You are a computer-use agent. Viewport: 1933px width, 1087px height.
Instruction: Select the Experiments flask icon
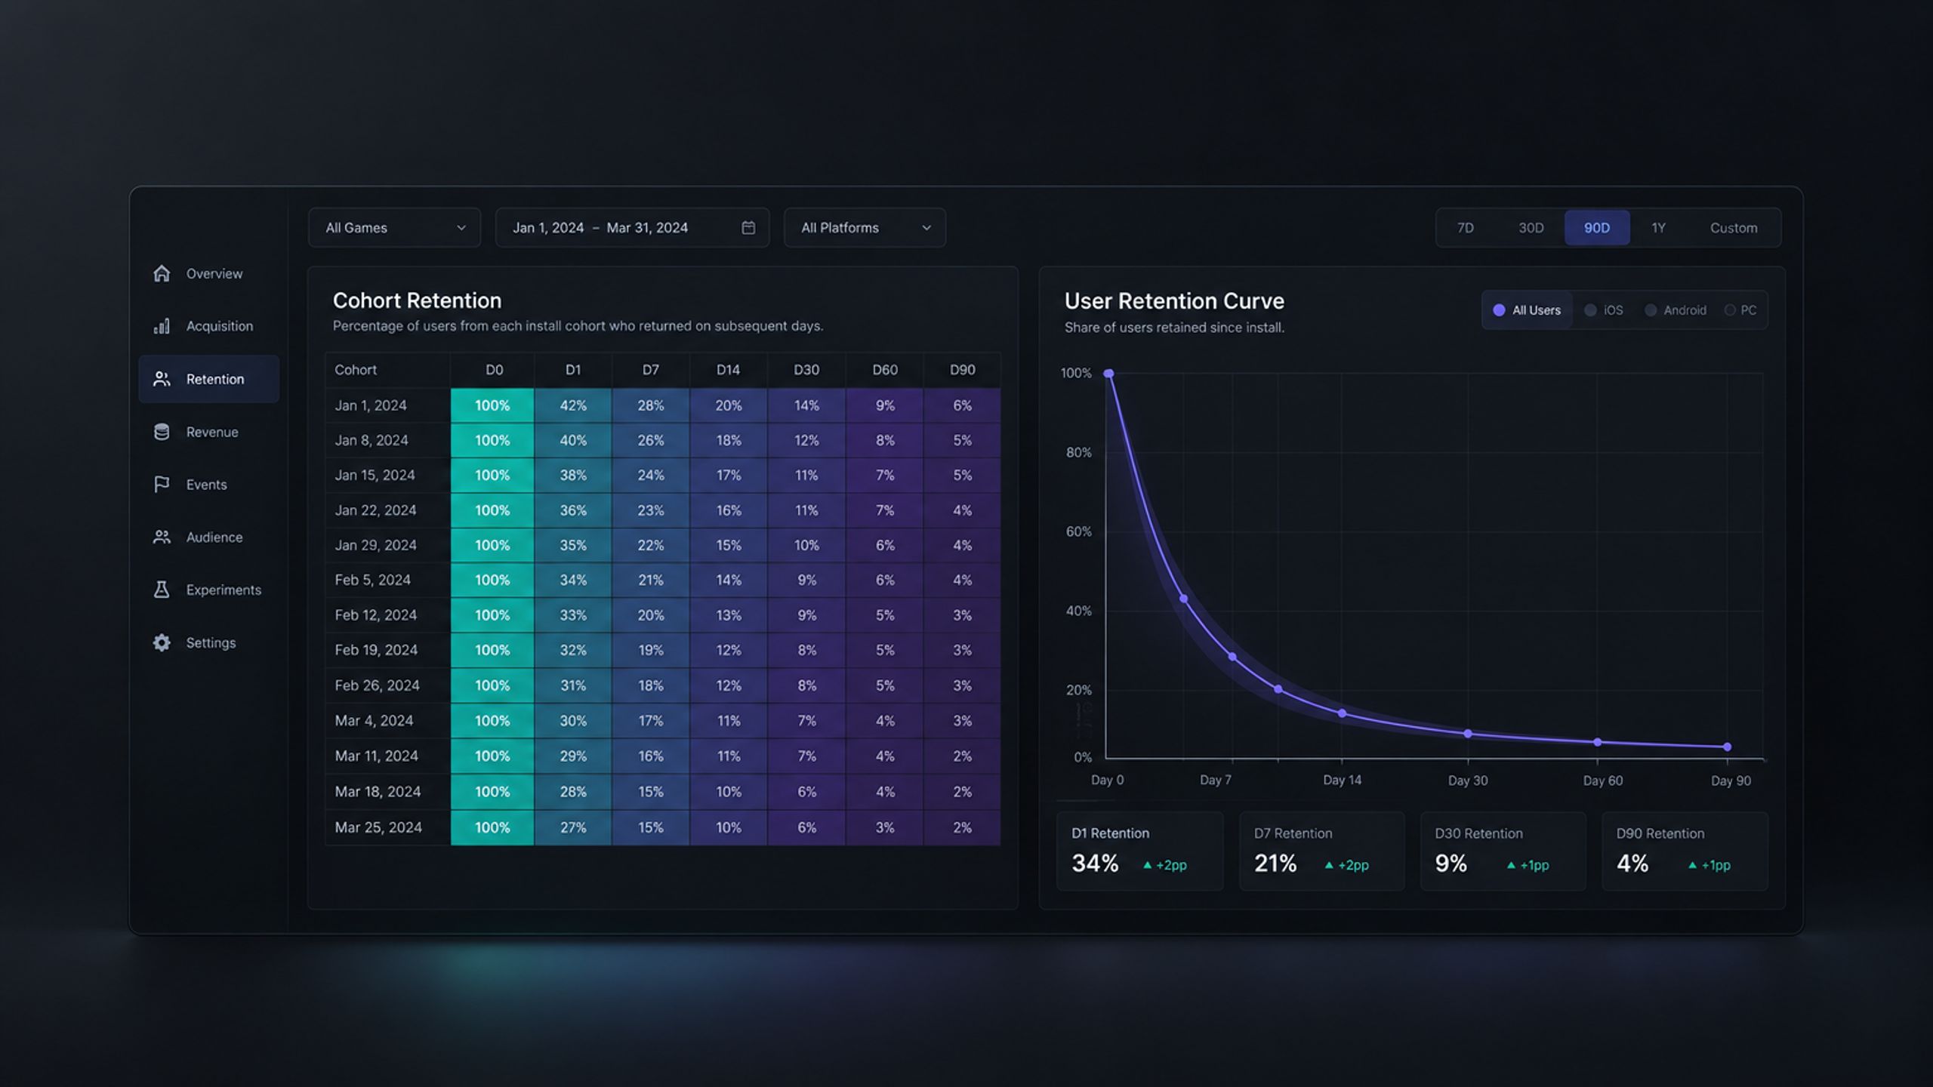point(162,590)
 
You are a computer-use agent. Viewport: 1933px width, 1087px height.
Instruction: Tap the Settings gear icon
point(162,642)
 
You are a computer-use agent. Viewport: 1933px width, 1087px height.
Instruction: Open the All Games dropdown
point(394,228)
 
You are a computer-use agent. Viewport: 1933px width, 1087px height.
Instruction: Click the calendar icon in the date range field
point(748,228)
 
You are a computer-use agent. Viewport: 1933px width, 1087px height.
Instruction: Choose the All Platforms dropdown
point(865,228)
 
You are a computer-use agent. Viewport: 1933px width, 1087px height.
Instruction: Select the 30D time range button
point(1531,228)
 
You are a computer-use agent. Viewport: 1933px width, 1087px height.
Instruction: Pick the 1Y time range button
point(1658,228)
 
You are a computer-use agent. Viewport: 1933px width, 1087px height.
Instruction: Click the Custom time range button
point(1734,228)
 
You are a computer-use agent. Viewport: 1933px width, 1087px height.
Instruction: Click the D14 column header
point(728,370)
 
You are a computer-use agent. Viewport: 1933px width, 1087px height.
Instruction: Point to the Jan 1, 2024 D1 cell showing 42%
point(573,405)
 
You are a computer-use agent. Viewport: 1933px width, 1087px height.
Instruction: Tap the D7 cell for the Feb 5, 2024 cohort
point(651,580)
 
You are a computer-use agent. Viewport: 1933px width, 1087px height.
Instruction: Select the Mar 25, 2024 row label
point(378,827)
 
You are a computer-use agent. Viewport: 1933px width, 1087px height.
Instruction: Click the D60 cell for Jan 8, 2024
point(885,440)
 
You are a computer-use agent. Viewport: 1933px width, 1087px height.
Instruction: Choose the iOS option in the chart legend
point(1604,310)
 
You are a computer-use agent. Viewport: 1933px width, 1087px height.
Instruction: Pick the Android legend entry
point(1676,310)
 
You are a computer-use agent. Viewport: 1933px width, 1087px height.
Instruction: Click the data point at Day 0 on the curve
point(1108,374)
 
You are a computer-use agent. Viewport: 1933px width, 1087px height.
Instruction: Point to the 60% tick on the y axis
point(1078,531)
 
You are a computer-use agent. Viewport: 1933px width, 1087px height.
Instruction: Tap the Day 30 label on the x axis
point(1468,781)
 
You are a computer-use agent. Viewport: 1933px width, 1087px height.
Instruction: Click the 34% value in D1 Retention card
point(1095,863)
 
